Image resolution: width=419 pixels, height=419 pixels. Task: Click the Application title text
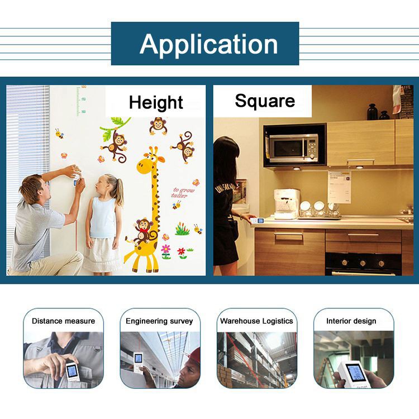click(x=208, y=44)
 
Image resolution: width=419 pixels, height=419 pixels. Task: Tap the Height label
click(x=156, y=102)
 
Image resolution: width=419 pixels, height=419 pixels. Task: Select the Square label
click(x=265, y=101)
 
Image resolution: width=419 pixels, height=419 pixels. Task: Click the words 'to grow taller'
click(x=184, y=192)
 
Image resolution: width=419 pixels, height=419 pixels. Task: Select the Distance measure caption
click(x=63, y=321)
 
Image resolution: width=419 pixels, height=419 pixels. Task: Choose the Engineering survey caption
click(x=159, y=321)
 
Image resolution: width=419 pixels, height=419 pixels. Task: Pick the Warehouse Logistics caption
click(x=256, y=321)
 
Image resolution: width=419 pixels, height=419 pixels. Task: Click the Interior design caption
click(x=351, y=321)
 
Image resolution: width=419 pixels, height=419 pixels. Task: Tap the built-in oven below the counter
click(x=363, y=261)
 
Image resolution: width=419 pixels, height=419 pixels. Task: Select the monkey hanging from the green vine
click(x=116, y=145)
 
